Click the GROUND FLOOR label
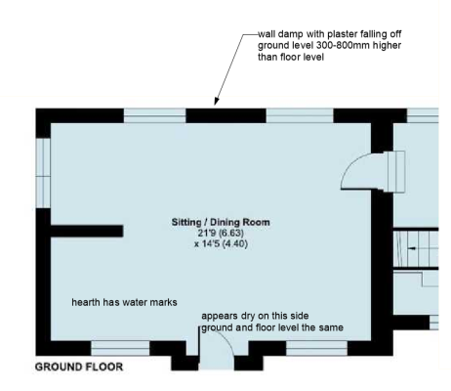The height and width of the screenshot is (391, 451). [79, 367]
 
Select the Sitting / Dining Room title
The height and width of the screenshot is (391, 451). [221, 223]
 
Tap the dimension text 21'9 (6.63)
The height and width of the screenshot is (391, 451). [221, 233]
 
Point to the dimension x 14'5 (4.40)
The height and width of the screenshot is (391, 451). [221, 243]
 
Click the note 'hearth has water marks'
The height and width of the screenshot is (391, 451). [124, 302]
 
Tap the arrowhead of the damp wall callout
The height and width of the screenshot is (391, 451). [216, 102]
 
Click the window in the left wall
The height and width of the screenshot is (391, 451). [43, 173]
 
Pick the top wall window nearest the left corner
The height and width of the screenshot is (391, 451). [155, 115]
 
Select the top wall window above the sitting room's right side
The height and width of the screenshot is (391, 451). [300, 115]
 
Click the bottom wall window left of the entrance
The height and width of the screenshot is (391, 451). [120, 348]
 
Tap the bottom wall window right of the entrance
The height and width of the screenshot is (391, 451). [316, 348]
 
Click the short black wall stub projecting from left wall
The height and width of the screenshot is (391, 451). [87, 231]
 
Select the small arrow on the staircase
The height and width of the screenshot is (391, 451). [412, 248]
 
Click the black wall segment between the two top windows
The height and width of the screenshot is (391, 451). [225, 115]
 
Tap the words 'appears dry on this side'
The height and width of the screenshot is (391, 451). [255, 316]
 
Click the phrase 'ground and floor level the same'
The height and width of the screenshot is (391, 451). [272, 327]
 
